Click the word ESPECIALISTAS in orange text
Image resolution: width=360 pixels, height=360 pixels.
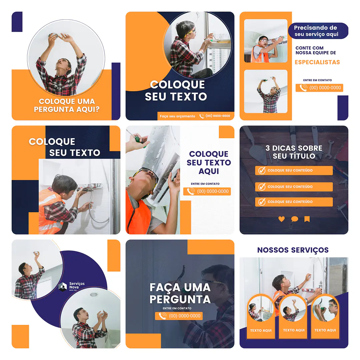tap(317, 62)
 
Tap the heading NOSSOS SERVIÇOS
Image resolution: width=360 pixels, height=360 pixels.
tap(293, 250)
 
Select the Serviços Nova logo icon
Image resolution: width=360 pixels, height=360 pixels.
tap(63, 287)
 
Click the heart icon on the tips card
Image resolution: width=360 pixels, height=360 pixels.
tap(282, 219)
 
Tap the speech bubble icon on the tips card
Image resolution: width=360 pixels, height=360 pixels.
tap(294, 219)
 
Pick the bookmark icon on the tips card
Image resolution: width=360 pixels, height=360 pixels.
tap(307, 219)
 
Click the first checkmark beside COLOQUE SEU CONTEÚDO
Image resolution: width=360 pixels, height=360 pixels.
tap(262, 170)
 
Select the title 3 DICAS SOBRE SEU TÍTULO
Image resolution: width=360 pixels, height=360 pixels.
tap(294, 152)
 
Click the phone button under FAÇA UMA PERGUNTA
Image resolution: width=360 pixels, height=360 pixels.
tap(179, 316)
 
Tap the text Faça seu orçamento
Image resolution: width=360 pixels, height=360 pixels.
tap(177, 116)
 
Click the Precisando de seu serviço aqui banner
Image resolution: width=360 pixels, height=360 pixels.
tap(318, 31)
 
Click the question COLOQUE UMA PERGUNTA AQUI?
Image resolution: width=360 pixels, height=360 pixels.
tap(67, 105)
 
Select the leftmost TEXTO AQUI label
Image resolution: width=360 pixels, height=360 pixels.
tap(261, 330)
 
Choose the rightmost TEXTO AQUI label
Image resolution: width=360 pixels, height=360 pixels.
tap(325, 330)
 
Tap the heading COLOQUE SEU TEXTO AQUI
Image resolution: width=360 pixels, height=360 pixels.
tap(209, 162)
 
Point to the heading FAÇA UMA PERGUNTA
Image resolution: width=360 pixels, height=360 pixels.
tap(180, 293)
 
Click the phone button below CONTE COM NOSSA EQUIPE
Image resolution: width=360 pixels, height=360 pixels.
tap(319, 88)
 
